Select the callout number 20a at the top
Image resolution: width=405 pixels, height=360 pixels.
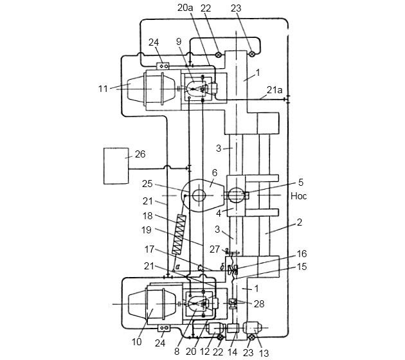tap(185, 8)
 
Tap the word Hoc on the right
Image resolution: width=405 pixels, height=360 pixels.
tap(299, 196)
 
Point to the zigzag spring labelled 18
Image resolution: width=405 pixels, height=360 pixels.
tap(179, 234)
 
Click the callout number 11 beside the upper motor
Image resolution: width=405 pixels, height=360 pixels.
tap(103, 89)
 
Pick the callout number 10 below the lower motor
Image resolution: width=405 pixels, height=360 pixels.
tap(137, 341)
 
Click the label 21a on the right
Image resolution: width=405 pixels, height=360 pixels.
tap(274, 90)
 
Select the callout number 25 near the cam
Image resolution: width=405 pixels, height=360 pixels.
tap(147, 184)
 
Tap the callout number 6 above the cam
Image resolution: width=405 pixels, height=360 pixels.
tap(214, 172)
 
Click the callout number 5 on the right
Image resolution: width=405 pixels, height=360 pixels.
tap(301, 182)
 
